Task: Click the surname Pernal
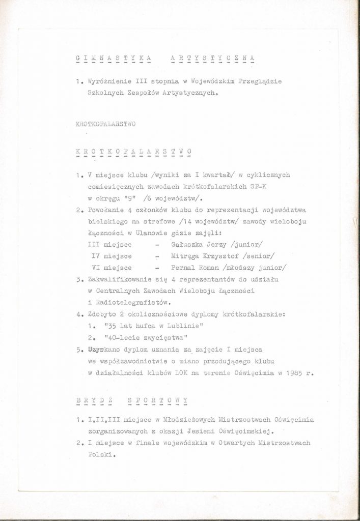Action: click(x=177, y=268)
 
